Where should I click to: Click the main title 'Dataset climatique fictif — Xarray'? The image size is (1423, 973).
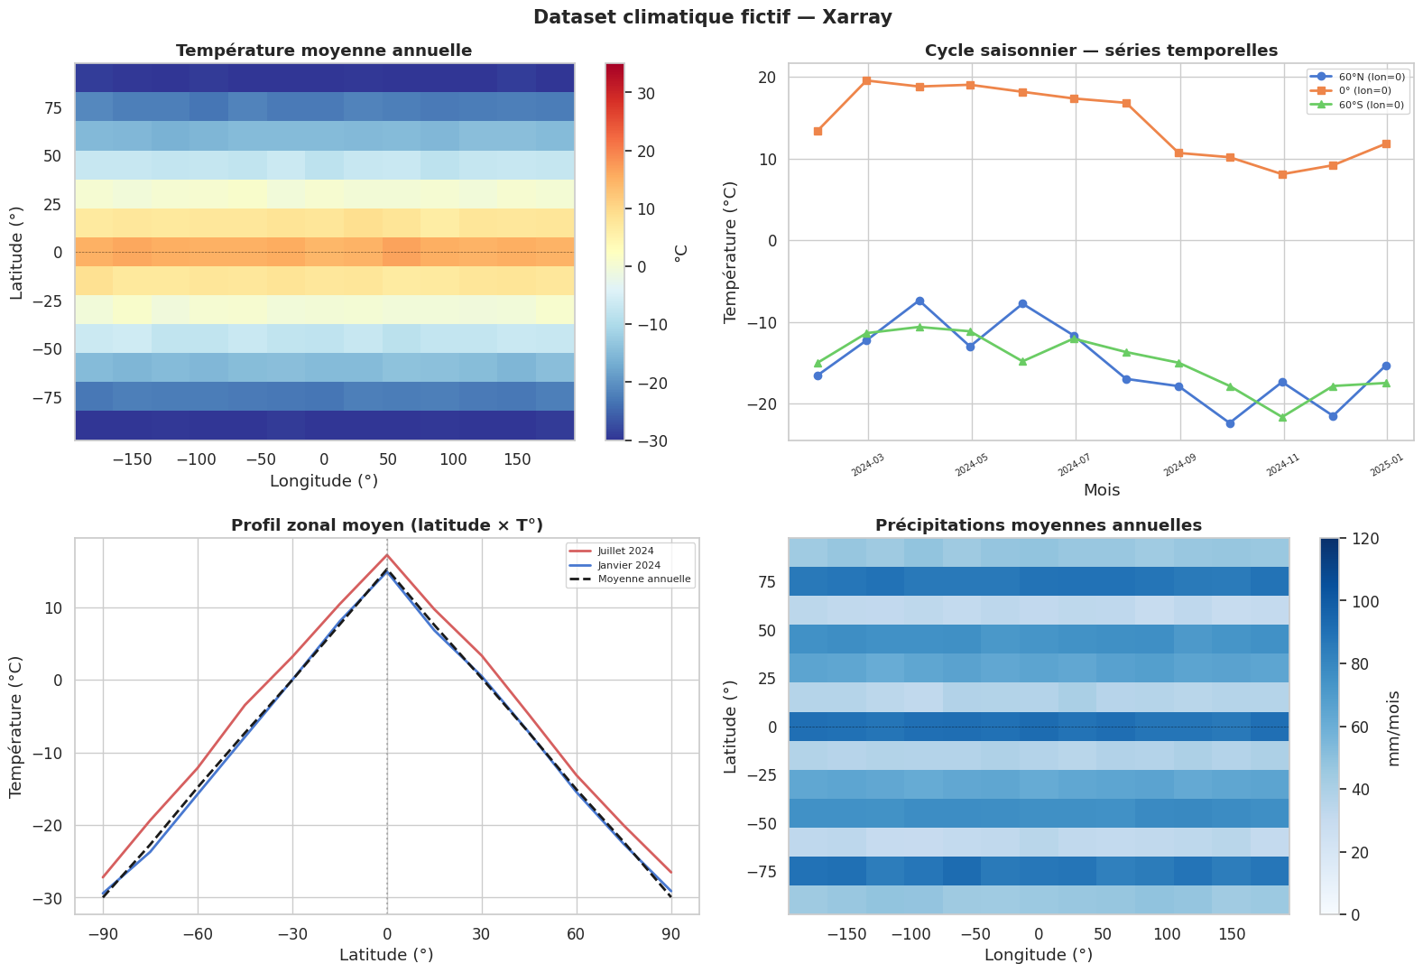pyautogui.click(x=712, y=17)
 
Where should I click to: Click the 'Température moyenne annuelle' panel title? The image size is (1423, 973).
pyautogui.click(x=324, y=51)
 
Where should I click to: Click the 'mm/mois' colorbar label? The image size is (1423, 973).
pyautogui.click(x=1394, y=727)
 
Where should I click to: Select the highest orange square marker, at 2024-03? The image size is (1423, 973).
pyautogui.click(x=866, y=80)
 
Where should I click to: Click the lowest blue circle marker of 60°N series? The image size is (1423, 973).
pyautogui.click(x=1230, y=423)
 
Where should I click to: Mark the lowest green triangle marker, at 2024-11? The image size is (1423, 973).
pyautogui.click(x=1282, y=417)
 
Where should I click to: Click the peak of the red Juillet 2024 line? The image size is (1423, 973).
pyautogui.click(x=387, y=554)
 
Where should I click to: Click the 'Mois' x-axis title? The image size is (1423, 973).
pyautogui.click(x=1102, y=490)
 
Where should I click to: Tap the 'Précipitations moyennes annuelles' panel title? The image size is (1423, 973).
pyautogui.click(x=1038, y=525)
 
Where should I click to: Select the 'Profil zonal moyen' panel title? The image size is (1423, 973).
pyautogui.click(x=387, y=525)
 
